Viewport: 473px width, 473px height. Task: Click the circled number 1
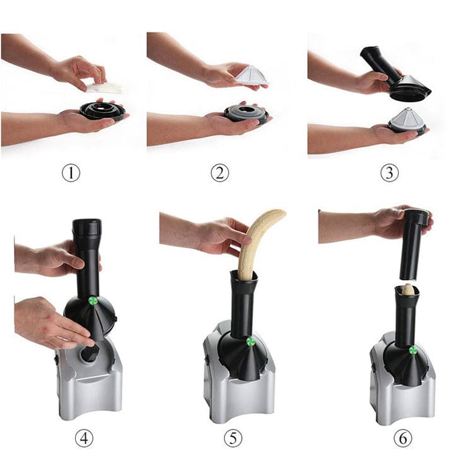[71, 173]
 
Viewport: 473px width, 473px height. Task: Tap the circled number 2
[219, 173]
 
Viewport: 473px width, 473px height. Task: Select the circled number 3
[390, 173]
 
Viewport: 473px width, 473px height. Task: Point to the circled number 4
[84, 438]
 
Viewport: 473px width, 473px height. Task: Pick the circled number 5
[233, 438]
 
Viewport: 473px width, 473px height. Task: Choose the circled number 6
[403, 438]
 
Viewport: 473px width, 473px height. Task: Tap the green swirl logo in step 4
[93, 300]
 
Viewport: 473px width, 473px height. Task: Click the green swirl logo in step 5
[250, 342]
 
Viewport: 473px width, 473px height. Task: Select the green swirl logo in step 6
[412, 351]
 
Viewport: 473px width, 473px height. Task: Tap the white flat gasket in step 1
[105, 88]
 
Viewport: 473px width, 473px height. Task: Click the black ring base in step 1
[103, 111]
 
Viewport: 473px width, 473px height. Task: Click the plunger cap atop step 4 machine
[86, 227]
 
